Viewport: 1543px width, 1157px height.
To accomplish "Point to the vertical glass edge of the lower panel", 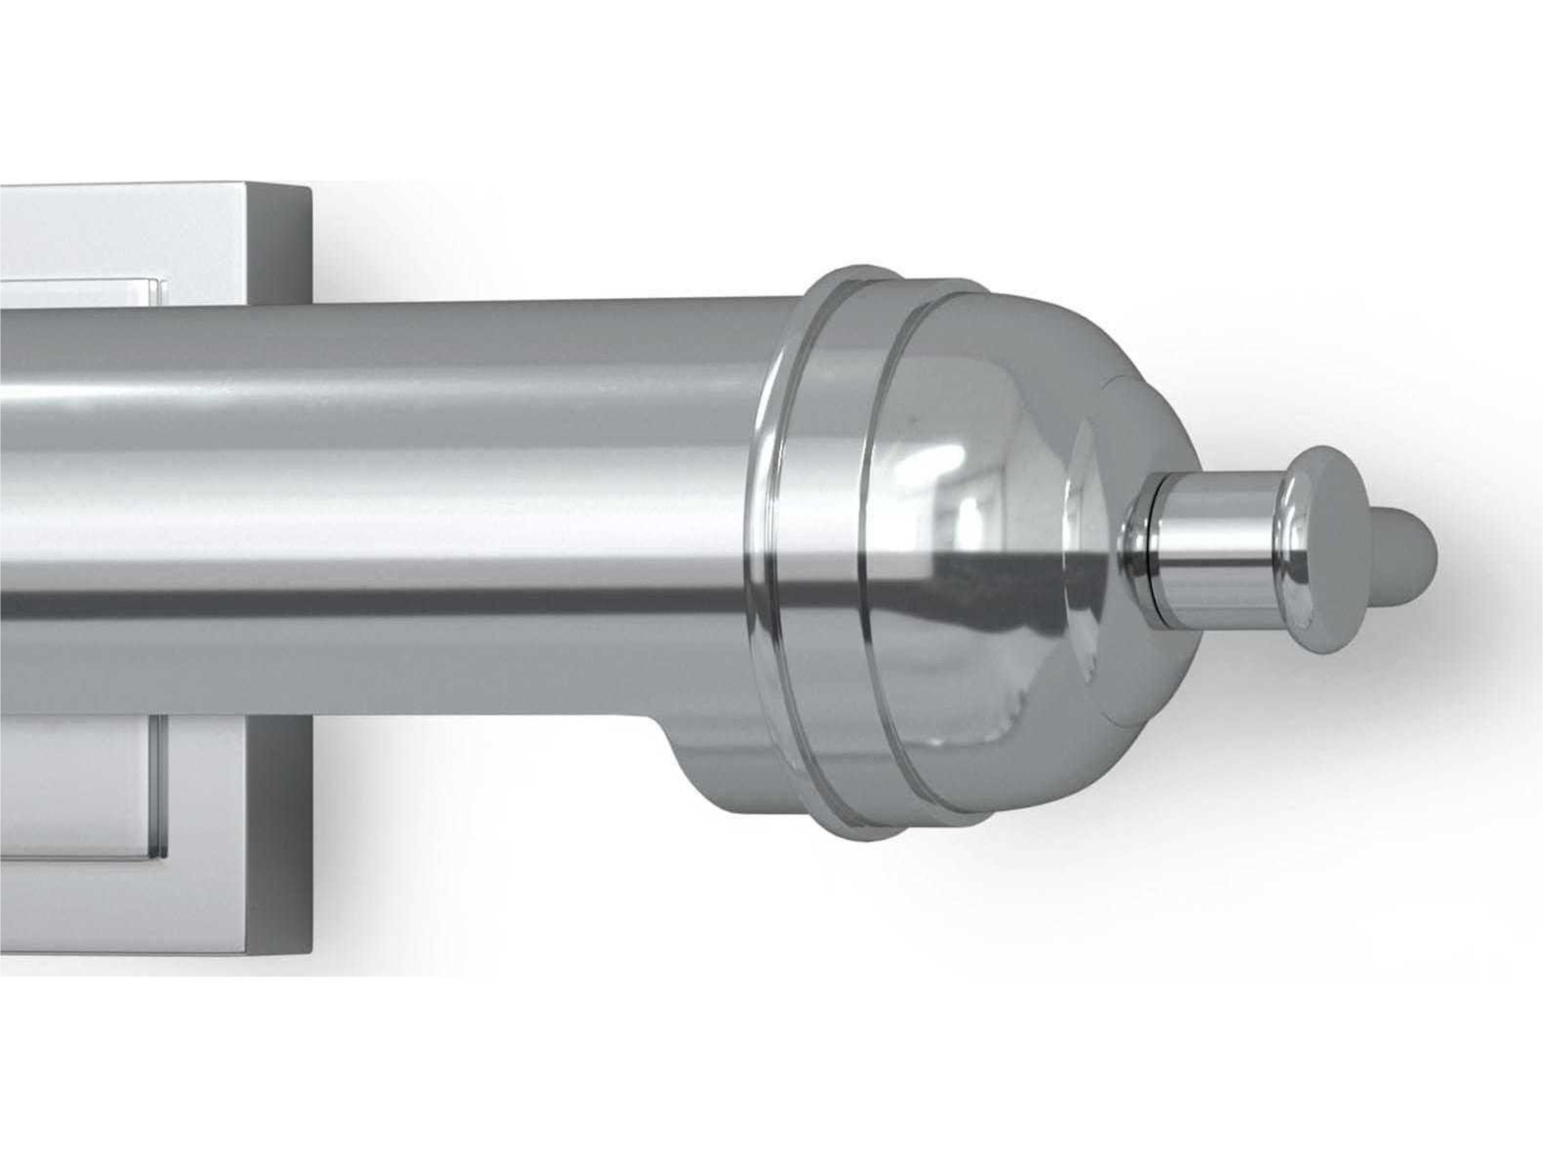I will click(x=160, y=785).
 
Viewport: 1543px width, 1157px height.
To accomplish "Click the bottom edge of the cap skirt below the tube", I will click(x=837, y=834).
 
